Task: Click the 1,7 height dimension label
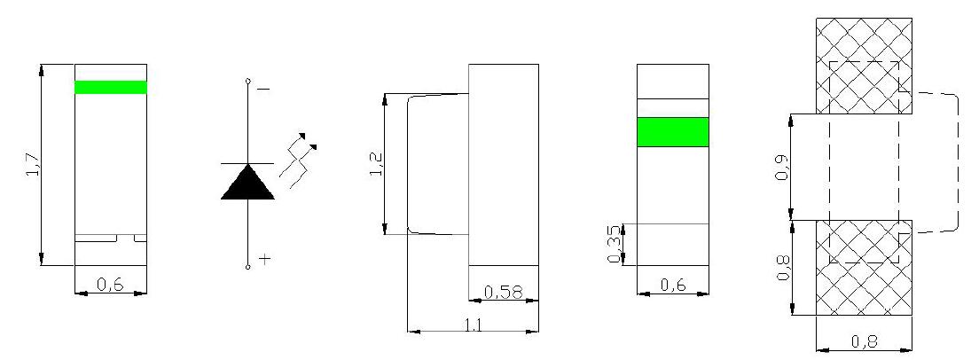coord(34,166)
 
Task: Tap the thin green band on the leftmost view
coord(111,88)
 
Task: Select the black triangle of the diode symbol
coord(247,182)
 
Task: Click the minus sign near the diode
coord(263,90)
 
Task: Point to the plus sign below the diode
coord(265,259)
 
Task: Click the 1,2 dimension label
coord(377,163)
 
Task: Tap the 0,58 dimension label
coord(503,292)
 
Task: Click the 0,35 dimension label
coord(614,244)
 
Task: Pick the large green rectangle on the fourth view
coord(673,132)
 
